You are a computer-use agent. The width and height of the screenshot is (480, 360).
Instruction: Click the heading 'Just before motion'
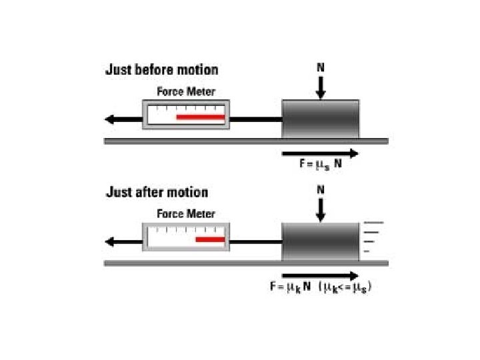coord(161,70)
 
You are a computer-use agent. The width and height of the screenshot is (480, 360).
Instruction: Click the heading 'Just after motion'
coord(157,193)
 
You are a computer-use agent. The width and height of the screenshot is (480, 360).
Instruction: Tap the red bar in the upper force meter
coord(200,117)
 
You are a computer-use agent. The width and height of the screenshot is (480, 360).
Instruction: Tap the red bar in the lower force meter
coord(209,239)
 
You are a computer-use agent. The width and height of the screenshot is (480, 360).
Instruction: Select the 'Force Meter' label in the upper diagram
coord(186,92)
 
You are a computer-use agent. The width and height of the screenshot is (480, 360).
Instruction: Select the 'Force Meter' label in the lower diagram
coord(186,214)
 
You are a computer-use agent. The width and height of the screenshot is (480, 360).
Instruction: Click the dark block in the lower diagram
coord(320,241)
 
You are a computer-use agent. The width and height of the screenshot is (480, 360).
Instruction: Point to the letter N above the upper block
coord(321,67)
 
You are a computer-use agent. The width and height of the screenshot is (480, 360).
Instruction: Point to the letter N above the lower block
coord(321,190)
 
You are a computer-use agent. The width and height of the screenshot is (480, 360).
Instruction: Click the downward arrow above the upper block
coord(321,86)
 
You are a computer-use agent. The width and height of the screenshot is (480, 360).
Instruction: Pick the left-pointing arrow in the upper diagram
coord(123,120)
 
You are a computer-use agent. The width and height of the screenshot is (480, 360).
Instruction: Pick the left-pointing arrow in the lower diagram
coord(123,242)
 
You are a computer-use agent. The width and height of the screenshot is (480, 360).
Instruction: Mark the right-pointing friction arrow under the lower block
coord(321,274)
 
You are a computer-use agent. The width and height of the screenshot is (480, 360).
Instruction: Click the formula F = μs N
coord(321,163)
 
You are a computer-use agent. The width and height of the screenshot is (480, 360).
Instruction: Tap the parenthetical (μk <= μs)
coord(344,287)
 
